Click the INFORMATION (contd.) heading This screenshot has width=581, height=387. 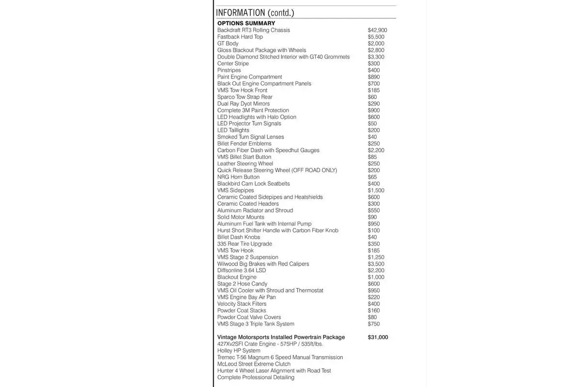(255, 13)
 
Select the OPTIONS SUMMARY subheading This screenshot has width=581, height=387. (246, 23)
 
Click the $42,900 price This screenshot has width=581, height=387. (377, 30)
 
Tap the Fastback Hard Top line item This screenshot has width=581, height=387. (240, 37)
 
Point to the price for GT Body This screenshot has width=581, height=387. (376, 44)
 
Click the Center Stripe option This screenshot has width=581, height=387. (233, 63)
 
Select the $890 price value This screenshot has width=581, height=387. (374, 77)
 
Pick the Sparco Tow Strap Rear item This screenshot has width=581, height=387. (245, 97)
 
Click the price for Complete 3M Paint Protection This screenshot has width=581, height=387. (374, 110)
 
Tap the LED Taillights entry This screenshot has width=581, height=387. (233, 130)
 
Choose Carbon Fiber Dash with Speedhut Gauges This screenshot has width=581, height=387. (268, 150)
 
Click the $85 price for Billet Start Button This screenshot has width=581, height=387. (372, 157)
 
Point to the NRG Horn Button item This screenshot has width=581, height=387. (238, 177)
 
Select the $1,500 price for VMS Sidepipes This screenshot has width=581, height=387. (376, 191)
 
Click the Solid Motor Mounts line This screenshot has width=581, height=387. (241, 217)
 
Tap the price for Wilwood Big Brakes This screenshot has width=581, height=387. (376, 264)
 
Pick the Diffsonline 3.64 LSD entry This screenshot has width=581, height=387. (242, 270)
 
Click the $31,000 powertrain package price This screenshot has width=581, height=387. (378, 337)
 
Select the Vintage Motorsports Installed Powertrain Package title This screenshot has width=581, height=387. (281, 337)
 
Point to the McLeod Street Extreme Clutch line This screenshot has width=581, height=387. (254, 364)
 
